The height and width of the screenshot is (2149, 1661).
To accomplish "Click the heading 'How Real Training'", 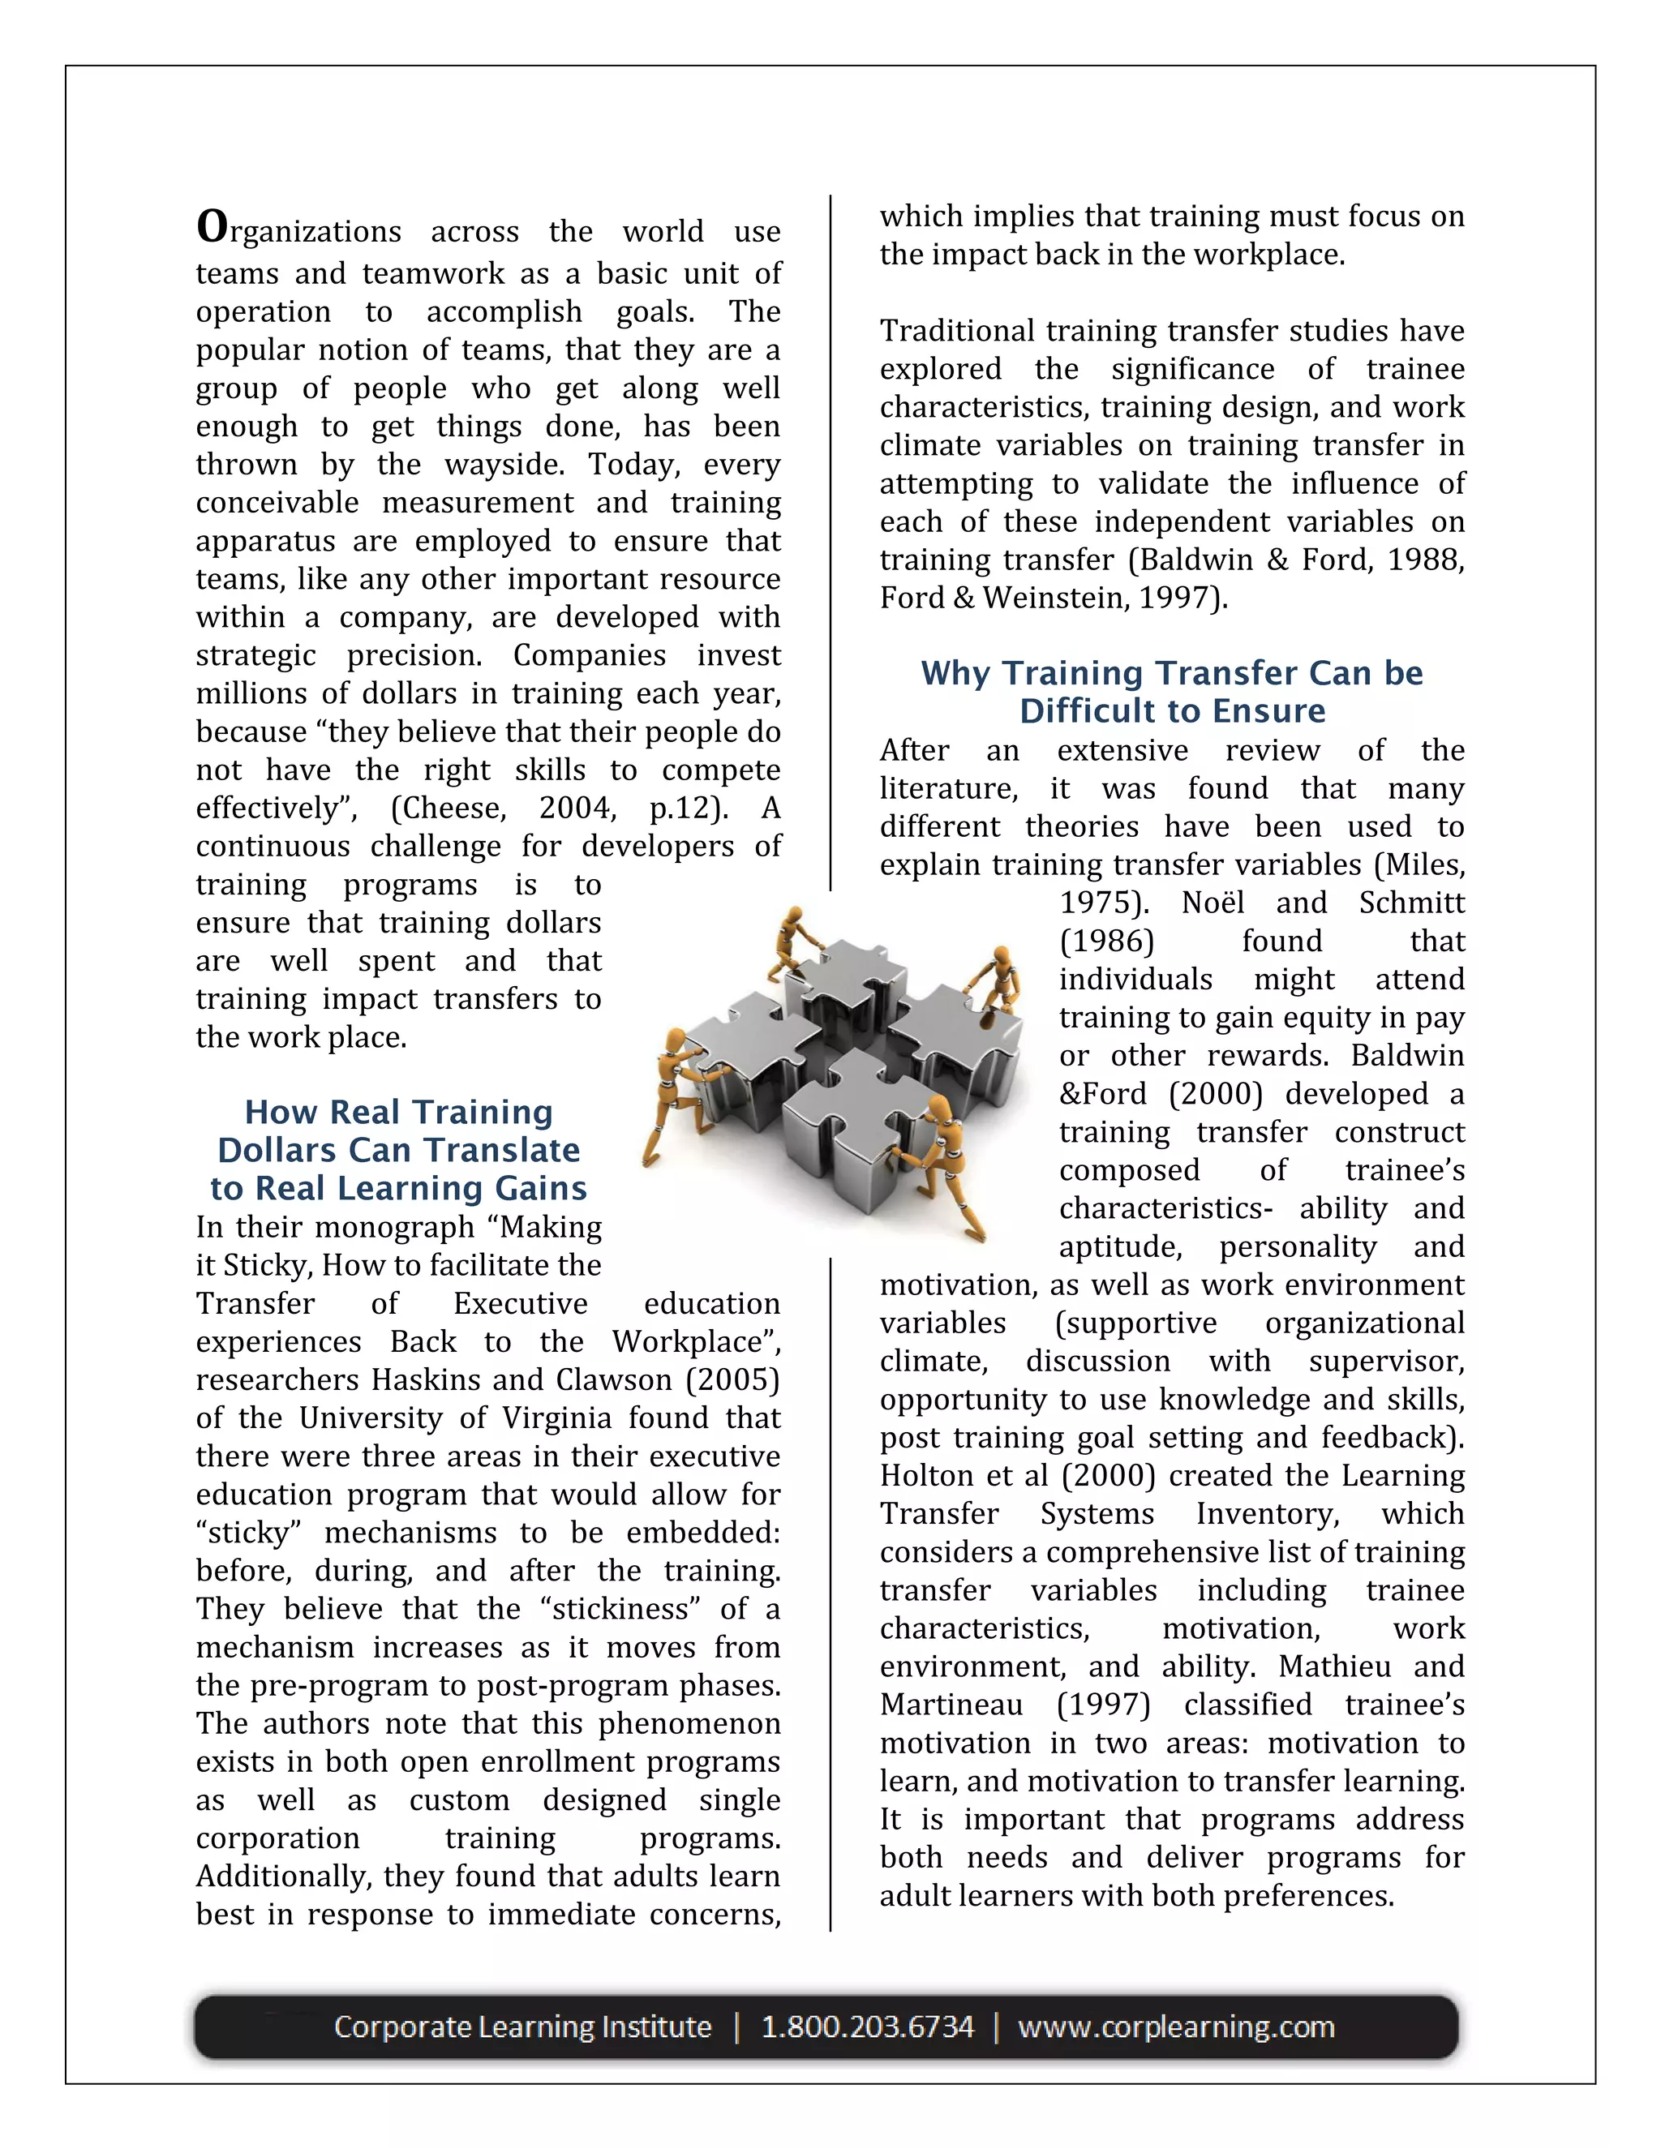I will coord(398,1112).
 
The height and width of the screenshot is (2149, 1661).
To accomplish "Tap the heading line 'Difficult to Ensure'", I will coord(1172,710).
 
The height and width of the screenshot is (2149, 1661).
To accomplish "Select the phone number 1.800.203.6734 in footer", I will coord(867,2027).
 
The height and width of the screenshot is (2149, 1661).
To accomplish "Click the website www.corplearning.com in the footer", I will coord(1176,2027).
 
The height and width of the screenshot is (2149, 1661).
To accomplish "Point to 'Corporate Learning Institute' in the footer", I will coord(522,2027).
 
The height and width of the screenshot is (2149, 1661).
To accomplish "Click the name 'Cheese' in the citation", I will coord(449,809).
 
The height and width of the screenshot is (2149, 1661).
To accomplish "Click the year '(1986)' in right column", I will coord(1106,942).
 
